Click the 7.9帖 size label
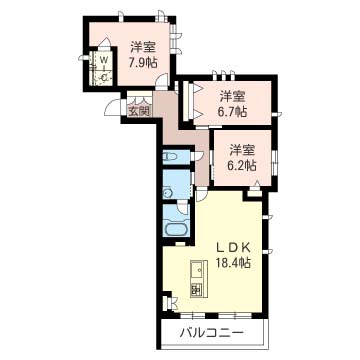click(x=144, y=62)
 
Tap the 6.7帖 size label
click(x=233, y=112)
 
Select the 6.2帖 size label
click(x=242, y=166)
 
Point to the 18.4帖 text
click(x=233, y=264)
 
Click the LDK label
click(x=233, y=248)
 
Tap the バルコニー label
click(x=211, y=332)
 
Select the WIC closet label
click(x=104, y=69)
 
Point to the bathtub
click(x=177, y=230)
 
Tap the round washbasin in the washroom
click(x=167, y=192)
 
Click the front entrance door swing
click(x=113, y=107)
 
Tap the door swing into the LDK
click(x=201, y=195)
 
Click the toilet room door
click(x=196, y=156)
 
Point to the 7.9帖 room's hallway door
click(x=162, y=82)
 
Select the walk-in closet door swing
click(x=105, y=43)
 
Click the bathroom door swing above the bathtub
click(x=183, y=210)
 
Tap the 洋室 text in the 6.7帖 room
click(x=233, y=97)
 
